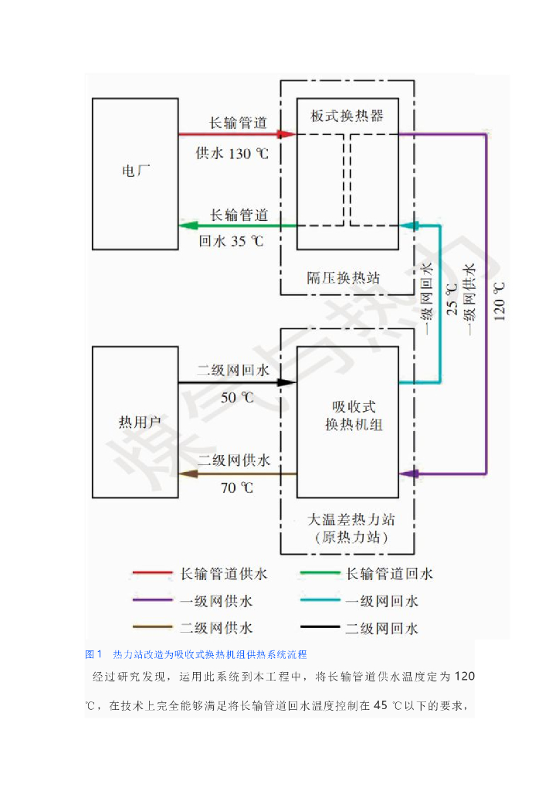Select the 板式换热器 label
click(x=347, y=116)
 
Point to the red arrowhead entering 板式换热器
click(x=287, y=134)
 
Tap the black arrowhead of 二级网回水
click(x=287, y=382)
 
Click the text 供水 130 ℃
click(x=232, y=153)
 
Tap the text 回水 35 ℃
click(x=231, y=241)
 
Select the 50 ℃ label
click(x=237, y=398)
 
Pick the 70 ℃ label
click(x=237, y=487)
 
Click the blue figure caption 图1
click(x=93, y=654)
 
